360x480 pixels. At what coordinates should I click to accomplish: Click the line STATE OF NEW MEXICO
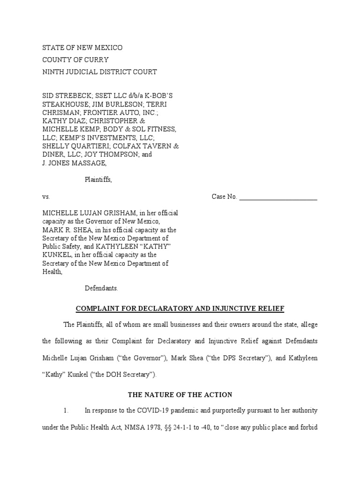(82, 48)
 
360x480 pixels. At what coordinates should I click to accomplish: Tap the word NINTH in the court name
(52, 72)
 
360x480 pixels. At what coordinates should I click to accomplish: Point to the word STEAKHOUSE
(65, 104)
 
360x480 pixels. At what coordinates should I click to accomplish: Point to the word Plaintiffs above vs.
(98, 180)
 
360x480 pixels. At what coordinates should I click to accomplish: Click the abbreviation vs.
(46, 197)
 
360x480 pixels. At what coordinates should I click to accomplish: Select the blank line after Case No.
(278, 197)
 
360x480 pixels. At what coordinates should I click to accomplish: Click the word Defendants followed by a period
(101, 288)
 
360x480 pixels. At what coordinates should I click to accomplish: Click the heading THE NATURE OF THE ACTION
(180, 395)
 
